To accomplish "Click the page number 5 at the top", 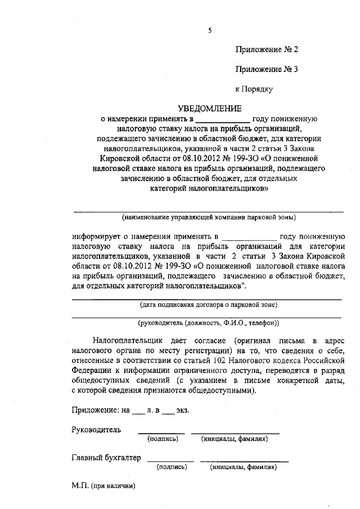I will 209,31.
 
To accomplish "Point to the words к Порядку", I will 254,89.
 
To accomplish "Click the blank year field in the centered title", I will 223,119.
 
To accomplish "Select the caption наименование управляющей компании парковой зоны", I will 209,217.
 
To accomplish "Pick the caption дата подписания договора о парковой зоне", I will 209,305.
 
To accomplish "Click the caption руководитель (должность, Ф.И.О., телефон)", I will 209,323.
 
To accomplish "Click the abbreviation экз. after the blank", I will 183,409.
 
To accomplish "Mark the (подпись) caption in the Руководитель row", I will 163,439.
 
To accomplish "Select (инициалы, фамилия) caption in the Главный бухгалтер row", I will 243,467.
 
